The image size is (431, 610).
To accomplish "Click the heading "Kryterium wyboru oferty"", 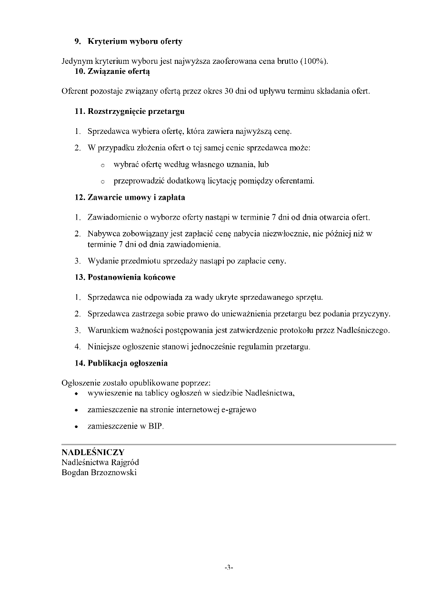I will point(135,41).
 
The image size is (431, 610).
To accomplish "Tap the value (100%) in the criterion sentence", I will point(314,61).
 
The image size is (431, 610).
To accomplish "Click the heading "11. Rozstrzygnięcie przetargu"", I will point(129,112).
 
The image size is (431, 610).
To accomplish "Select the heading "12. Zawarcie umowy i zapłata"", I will point(130,197).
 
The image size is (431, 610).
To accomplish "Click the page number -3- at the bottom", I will point(229,568).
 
